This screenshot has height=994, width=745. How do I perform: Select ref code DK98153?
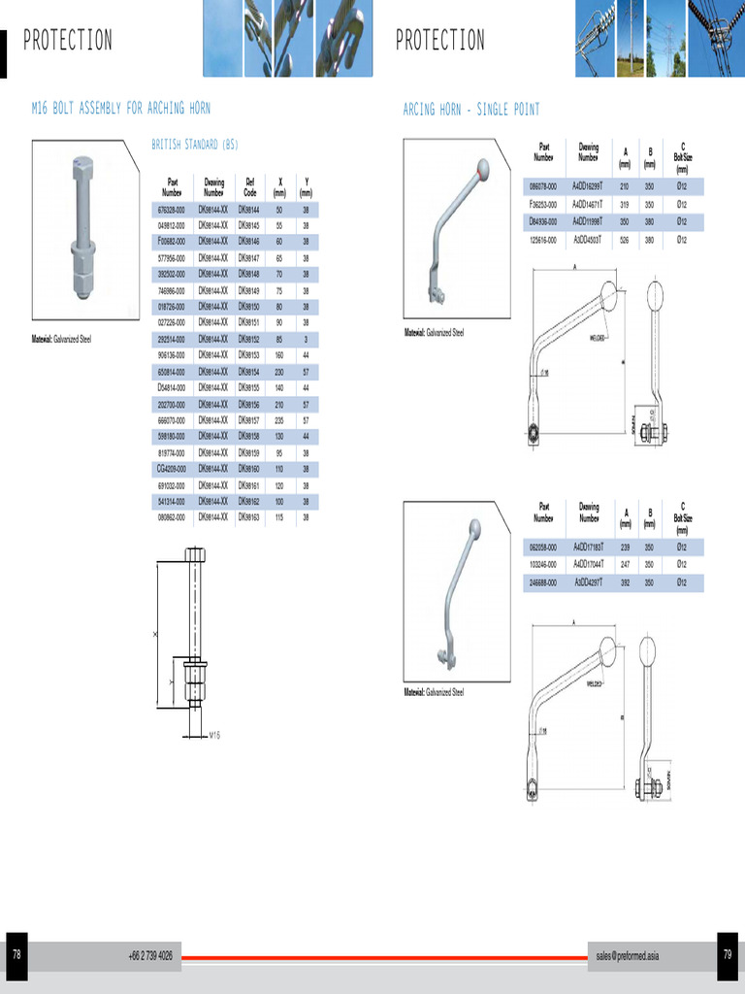pos(250,355)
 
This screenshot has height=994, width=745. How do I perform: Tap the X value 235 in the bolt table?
pos(279,420)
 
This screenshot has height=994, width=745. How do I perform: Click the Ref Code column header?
pos(250,186)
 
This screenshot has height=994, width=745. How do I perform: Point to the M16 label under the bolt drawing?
pos(215,736)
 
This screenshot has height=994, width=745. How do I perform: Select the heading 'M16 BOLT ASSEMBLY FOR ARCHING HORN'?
pos(121,109)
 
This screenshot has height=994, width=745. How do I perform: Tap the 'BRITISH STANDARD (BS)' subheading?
pos(195,145)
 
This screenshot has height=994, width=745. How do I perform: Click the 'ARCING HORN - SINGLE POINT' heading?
pos(471,110)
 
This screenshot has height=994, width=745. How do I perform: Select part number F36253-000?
pos(543,204)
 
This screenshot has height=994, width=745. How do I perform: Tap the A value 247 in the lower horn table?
pos(625,564)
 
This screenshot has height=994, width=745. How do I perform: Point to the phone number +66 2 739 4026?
pos(150,956)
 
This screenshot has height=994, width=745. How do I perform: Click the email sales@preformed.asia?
pos(628,956)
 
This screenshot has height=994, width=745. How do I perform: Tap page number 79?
pos(728,955)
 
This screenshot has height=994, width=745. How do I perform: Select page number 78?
pos(16,955)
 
